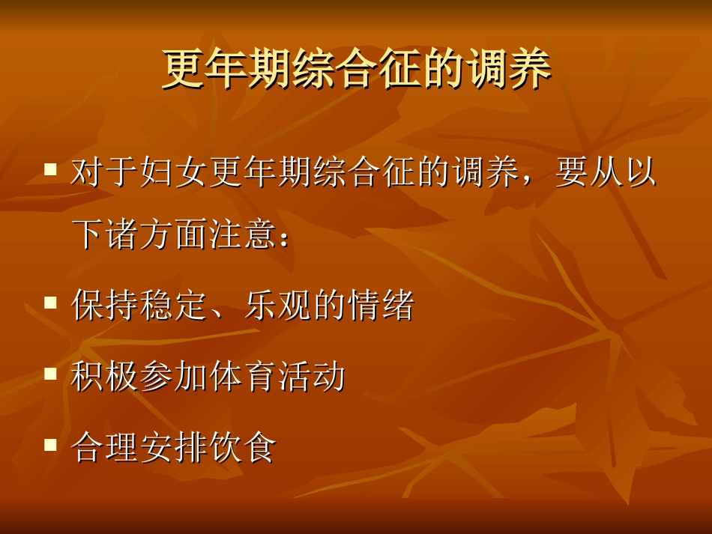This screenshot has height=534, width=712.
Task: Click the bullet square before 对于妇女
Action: (x=51, y=170)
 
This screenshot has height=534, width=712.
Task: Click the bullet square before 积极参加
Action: (x=51, y=373)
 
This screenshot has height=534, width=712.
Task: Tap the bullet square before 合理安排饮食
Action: (x=51, y=444)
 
